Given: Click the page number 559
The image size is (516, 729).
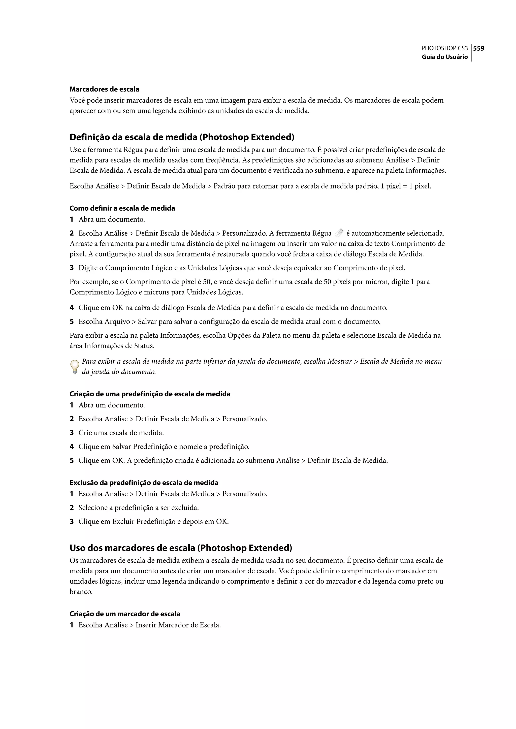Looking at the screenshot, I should pyautogui.click(x=478, y=48).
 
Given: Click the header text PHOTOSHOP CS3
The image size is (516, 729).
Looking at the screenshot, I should pyautogui.click(x=444, y=48).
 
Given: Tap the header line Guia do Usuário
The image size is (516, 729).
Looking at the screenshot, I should pyautogui.click(x=444, y=57).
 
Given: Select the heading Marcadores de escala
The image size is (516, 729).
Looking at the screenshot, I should pyautogui.click(x=104, y=89).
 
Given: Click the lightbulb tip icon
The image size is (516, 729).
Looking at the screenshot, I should pyautogui.click(x=74, y=367).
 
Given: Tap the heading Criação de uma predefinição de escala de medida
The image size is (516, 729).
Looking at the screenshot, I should pyautogui.click(x=150, y=394).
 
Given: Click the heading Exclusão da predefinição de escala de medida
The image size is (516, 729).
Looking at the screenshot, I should pyautogui.click(x=144, y=483).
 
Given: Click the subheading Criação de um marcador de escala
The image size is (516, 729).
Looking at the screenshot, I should pyautogui.click(x=125, y=614).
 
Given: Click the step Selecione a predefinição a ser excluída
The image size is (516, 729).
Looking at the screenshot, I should pyautogui.click(x=139, y=508).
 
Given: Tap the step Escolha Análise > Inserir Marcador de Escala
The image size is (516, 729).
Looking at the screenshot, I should pyautogui.click(x=149, y=625).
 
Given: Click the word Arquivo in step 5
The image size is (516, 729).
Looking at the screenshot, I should pyautogui.click(x=118, y=322).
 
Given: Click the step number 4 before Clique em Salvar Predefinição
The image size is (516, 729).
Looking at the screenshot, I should pyautogui.click(x=72, y=447).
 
